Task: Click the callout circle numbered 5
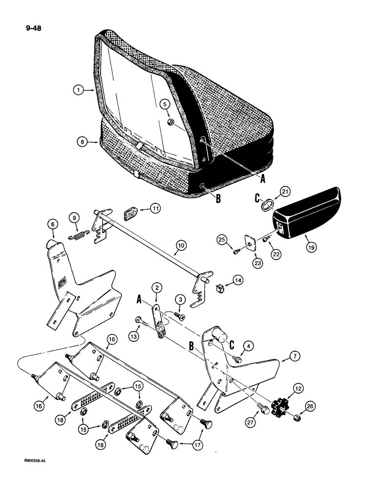(x=165, y=104)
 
